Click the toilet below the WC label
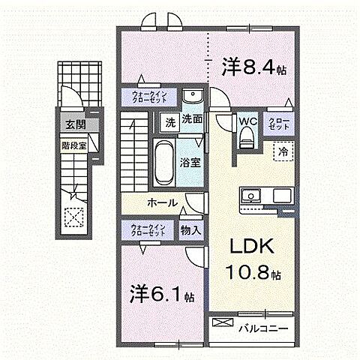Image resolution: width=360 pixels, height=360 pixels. click(247, 138)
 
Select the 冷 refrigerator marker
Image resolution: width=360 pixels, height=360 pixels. click(283, 150)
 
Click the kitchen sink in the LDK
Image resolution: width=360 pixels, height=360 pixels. click(250, 196)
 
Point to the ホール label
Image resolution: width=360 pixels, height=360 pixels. click(162, 202)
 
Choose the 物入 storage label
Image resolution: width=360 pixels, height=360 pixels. click(190, 230)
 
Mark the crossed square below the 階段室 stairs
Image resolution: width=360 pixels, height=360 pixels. click(74, 217)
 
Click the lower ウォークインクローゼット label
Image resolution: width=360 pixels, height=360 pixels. click(148, 229)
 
